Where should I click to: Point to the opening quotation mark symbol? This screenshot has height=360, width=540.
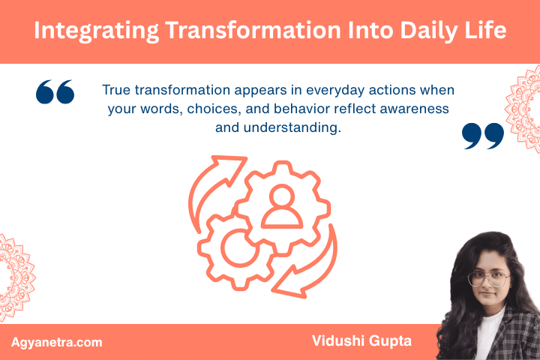click(x=55, y=93)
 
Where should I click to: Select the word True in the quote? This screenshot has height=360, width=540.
click(x=116, y=90)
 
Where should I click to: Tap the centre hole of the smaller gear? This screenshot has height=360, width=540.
click(x=239, y=250)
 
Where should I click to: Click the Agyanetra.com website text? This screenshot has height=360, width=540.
click(x=57, y=342)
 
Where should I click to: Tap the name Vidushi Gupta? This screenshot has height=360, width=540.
click(x=361, y=341)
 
